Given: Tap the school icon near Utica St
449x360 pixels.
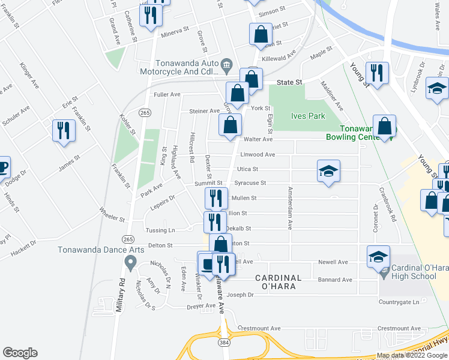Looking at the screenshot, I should [328, 172].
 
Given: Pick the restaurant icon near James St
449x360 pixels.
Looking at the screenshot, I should [64, 131].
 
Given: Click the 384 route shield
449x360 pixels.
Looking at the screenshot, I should [223, 341].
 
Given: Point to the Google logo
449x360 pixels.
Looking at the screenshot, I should [20, 353].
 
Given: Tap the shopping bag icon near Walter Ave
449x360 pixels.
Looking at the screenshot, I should [230, 125].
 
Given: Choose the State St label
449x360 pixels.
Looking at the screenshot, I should [288, 82].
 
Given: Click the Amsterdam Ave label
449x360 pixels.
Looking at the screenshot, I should [289, 215].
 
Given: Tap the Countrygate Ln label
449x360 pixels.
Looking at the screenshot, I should [399, 302].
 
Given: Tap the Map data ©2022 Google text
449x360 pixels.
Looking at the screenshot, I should [412, 355].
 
